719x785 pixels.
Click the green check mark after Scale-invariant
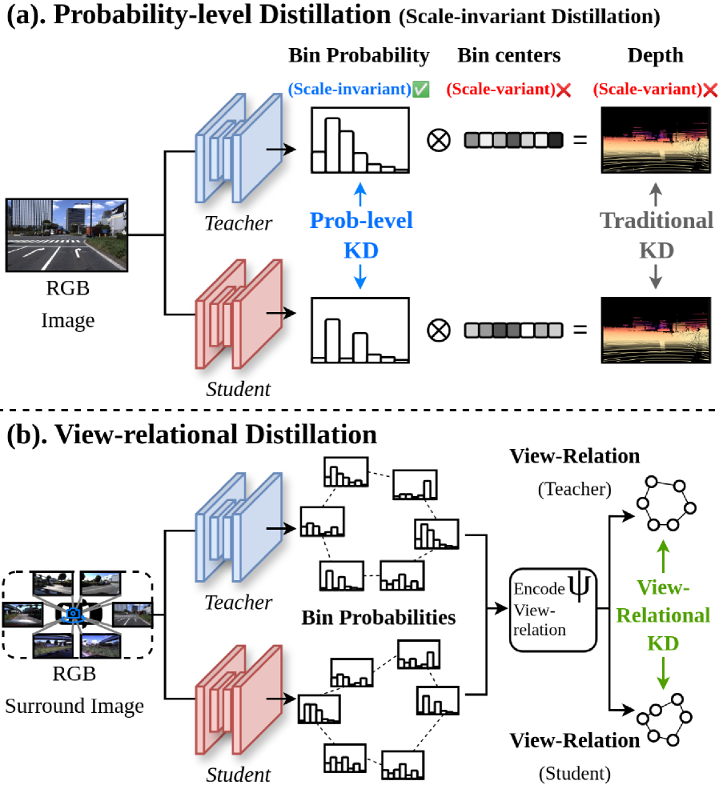[422, 90]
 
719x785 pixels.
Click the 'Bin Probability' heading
[359, 55]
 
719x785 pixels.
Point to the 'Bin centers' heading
[509, 55]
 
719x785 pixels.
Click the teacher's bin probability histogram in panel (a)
[359, 141]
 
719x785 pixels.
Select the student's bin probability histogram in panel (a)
[359, 330]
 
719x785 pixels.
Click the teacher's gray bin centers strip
[513, 140]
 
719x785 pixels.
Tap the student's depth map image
[656, 329]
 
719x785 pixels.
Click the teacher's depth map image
[656, 140]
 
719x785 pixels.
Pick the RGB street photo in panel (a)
[67, 236]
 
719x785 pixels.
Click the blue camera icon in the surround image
[74, 614]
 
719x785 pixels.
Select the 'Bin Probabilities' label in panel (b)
[379, 618]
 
